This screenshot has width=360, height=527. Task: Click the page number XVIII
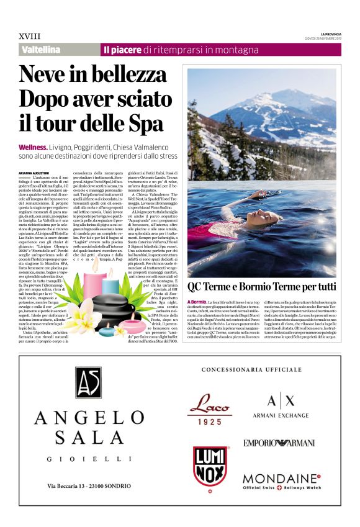(28, 37)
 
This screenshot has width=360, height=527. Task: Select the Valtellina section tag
(41, 50)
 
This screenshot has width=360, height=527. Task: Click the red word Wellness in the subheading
(35, 146)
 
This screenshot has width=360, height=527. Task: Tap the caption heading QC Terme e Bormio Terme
(261, 287)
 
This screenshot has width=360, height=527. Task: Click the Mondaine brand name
(280, 479)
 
